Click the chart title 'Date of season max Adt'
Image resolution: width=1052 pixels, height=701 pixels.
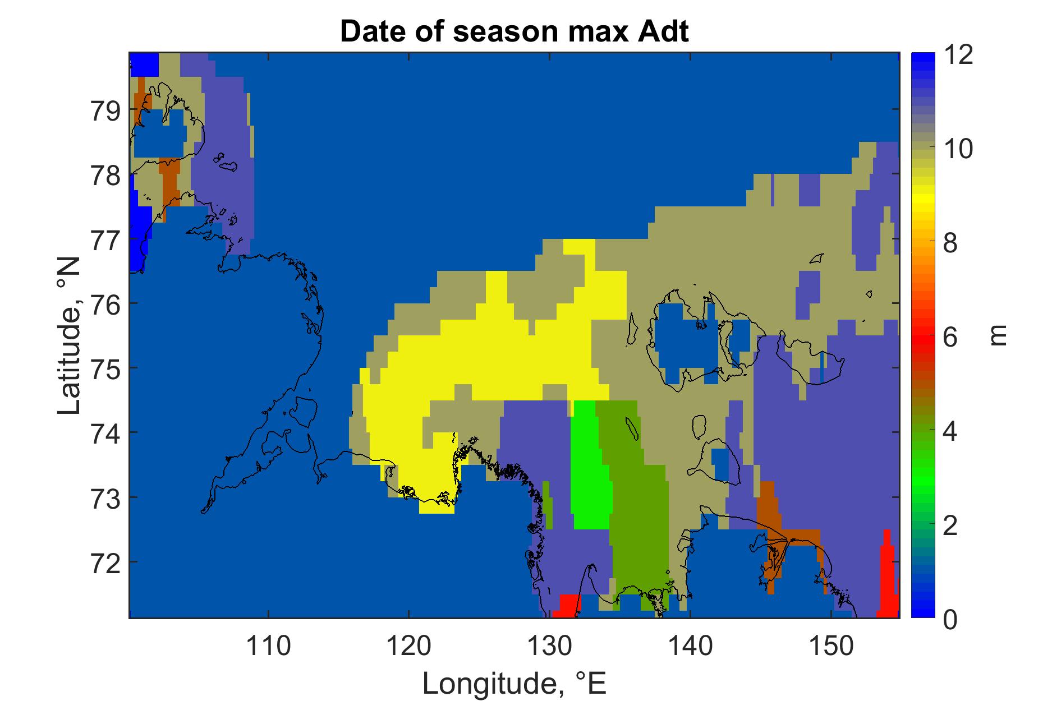point(514,32)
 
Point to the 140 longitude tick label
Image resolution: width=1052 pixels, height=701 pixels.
point(689,647)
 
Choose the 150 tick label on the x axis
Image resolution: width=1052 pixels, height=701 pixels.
point(829,647)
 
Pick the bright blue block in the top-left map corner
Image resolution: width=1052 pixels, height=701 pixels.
point(144,64)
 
